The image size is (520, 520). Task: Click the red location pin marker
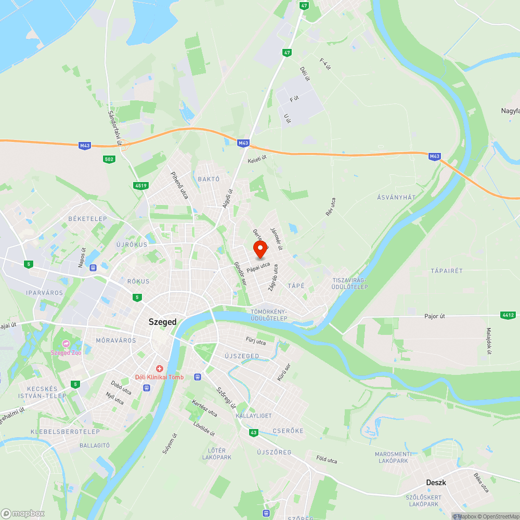(x=260, y=249)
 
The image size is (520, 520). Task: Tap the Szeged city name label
(x=162, y=322)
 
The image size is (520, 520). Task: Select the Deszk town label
(x=436, y=482)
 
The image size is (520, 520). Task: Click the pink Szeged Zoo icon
(x=66, y=344)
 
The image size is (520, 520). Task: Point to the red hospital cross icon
(x=160, y=368)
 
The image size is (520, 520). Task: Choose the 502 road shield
(x=109, y=159)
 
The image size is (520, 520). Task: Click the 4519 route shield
(x=140, y=185)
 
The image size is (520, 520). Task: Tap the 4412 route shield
(x=508, y=315)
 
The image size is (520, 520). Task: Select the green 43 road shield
(x=253, y=433)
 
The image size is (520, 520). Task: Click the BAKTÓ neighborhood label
(x=209, y=179)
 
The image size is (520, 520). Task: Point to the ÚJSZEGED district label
(x=241, y=356)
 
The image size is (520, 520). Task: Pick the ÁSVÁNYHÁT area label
(x=396, y=197)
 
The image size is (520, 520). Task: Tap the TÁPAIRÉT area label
(x=446, y=271)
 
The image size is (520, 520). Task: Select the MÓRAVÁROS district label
(x=115, y=341)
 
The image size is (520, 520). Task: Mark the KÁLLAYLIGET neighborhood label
(x=254, y=416)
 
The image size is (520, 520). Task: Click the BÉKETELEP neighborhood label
(x=87, y=219)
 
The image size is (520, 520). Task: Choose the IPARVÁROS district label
(x=44, y=293)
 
